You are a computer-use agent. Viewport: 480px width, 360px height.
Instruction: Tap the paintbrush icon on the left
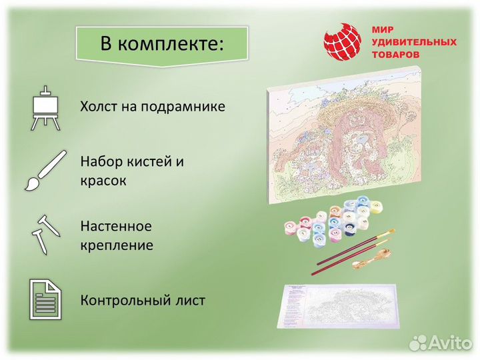pos(45,170)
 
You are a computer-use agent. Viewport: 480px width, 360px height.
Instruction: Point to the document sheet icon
pos(45,300)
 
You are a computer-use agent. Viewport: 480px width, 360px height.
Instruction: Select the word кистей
pos(153,161)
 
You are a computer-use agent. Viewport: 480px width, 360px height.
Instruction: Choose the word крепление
pos(117,245)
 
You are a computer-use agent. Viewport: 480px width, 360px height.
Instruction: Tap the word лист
pos(191,300)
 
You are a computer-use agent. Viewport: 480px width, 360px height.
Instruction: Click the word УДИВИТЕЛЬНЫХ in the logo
pos(414,43)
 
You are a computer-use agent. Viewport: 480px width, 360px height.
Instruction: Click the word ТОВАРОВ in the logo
pos(396,55)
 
